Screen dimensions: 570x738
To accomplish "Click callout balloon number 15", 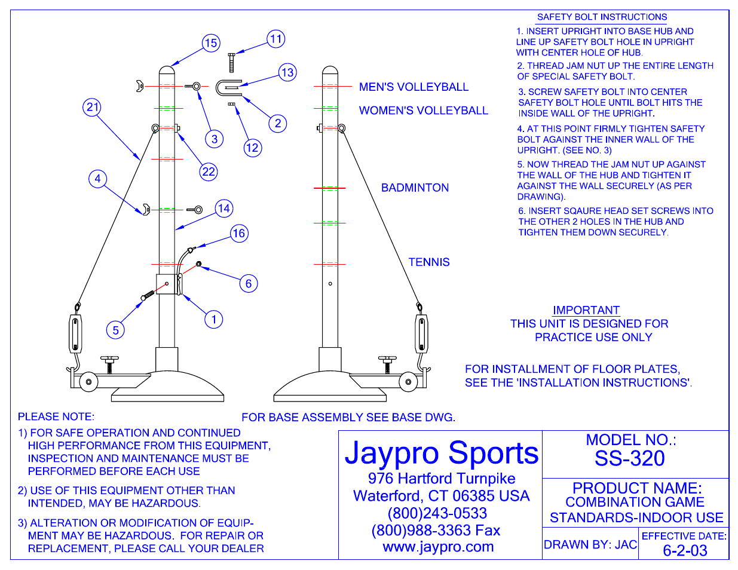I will [210, 43].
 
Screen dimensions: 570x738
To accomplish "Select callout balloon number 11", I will [275, 39].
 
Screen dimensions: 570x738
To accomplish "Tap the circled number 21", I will [92, 108].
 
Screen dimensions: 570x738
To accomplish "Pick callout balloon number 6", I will [249, 283].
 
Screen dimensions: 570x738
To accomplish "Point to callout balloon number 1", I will [214, 319].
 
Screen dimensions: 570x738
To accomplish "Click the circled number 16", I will [239, 234].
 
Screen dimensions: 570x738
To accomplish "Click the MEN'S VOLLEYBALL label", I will [414, 87].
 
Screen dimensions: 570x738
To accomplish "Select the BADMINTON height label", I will [415, 188].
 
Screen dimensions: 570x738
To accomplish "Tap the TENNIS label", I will [429, 262].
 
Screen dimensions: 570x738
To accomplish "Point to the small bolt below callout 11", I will [232, 62].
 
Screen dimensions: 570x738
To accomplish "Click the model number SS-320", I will [629, 458].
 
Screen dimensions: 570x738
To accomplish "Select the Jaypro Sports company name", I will [442, 453].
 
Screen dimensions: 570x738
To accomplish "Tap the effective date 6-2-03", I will [685, 550].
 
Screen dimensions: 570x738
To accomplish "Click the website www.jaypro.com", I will [438, 547].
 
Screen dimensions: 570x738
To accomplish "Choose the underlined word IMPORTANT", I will [586, 310].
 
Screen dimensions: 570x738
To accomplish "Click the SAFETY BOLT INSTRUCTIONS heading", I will [602, 17].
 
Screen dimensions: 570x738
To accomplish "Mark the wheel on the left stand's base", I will [88, 381].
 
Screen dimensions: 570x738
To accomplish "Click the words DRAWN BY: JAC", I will [590, 544].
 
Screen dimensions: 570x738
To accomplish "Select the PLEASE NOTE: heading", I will [56, 416].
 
